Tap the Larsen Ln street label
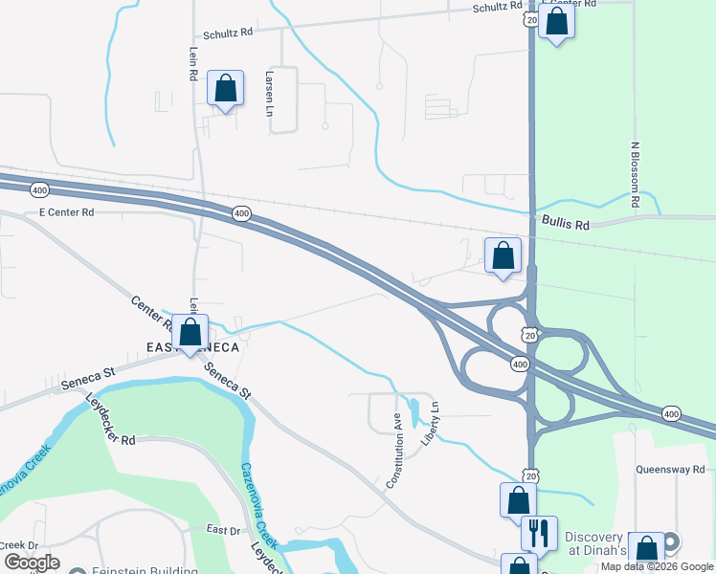click(x=268, y=94)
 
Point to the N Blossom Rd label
click(x=634, y=175)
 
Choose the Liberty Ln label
click(x=432, y=421)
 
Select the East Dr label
click(x=223, y=529)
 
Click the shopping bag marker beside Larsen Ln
click(x=225, y=90)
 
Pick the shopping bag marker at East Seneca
click(x=190, y=332)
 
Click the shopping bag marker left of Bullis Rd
click(x=503, y=255)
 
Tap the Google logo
click(x=33, y=563)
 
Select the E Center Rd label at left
click(x=66, y=211)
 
